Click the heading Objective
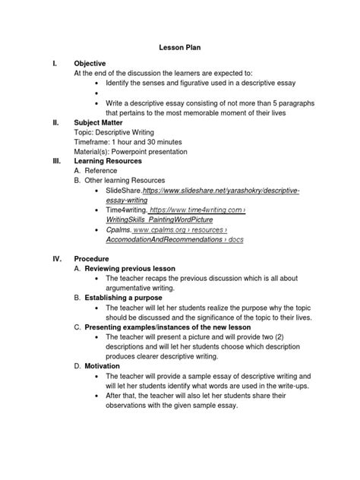pyautogui.click(x=89, y=62)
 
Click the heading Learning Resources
pyautogui.click(x=112, y=161)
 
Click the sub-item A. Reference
pyautogui.click(x=96, y=172)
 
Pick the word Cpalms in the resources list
pyautogui.click(x=111, y=229)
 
